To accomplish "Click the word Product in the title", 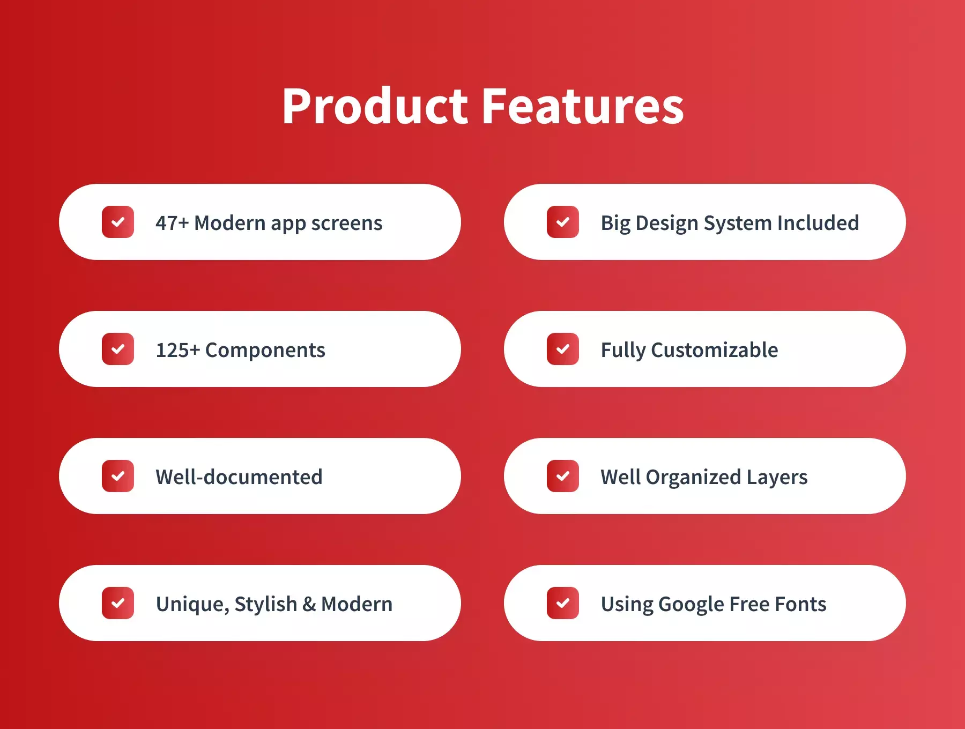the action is [x=376, y=106].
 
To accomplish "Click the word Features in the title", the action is [x=583, y=106].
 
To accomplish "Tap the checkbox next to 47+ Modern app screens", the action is [x=118, y=222].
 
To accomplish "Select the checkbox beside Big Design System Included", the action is [x=563, y=222].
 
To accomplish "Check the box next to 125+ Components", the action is [x=118, y=349].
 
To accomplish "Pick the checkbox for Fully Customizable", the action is [x=563, y=349].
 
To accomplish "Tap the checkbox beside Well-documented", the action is [x=118, y=476].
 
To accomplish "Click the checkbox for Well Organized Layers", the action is [x=563, y=476].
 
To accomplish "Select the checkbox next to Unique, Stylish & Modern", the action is [x=118, y=603].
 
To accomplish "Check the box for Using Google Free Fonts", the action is [x=563, y=603].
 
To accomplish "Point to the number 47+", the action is [x=172, y=223].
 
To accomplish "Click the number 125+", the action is [x=178, y=350].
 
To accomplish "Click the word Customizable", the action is [x=715, y=350].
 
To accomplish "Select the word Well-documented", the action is [x=239, y=477].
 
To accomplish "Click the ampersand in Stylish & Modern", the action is [x=309, y=604].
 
